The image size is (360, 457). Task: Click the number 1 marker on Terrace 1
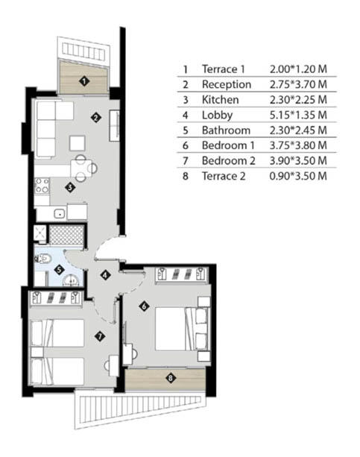pyautogui.click(x=84, y=81)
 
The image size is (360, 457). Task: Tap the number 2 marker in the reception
pyautogui.click(x=95, y=118)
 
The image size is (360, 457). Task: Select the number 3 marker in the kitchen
pyautogui.click(x=70, y=187)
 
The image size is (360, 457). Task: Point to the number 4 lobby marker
pyautogui.click(x=106, y=274)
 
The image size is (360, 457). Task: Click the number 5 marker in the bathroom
pyautogui.click(x=59, y=270)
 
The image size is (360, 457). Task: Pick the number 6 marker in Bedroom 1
pyautogui.click(x=145, y=306)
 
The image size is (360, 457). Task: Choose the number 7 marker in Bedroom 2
pyautogui.click(x=100, y=337)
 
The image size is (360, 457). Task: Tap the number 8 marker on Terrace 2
pyautogui.click(x=171, y=378)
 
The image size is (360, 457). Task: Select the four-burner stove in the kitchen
pyautogui.click(x=42, y=186)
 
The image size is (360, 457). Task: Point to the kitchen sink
pyautogui.click(x=60, y=214)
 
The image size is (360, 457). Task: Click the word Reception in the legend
pyautogui.click(x=227, y=84)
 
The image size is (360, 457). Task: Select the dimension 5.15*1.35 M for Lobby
pyautogui.click(x=298, y=115)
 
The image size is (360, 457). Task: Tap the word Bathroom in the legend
pyautogui.click(x=226, y=130)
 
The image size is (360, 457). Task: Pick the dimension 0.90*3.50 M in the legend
pyautogui.click(x=298, y=176)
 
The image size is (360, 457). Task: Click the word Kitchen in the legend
pyautogui.click(x=221, y=100)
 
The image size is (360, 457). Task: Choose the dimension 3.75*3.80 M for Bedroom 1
pyautogui.click(x=298, y=145)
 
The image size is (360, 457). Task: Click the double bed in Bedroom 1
pyautogui.click(x=182, y=329)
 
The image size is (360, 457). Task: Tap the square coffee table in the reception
pyautogui.click(x=78, y=143)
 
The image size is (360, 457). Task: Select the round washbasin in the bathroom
pyautogui.click(x=72, y=280)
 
